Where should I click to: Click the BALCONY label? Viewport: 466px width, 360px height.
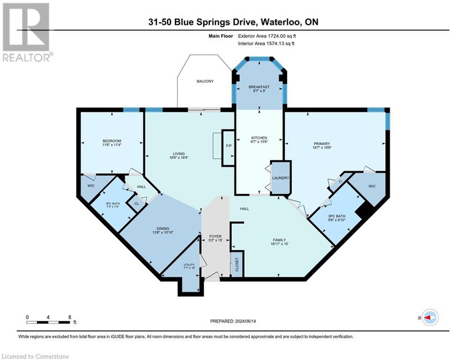point(205,82)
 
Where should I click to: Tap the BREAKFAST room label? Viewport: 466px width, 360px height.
point(259,87)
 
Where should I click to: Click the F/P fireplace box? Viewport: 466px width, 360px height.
point(228,146)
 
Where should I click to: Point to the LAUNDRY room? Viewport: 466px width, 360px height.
point(281,178)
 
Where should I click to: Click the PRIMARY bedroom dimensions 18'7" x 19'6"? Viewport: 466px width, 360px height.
point(322,149)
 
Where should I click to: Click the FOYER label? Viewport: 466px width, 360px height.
point(215,237)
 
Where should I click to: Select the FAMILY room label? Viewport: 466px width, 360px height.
point(278,239)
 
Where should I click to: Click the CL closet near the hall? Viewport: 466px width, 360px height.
point(136,204)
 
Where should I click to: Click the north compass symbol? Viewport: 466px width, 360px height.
point(429,317)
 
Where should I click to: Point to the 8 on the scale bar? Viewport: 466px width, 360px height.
point(69,317)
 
